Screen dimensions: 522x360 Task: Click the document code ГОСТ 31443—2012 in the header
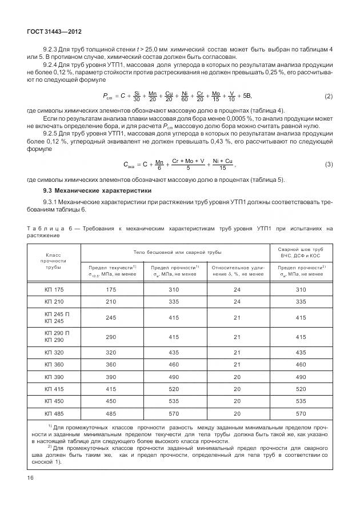[50, 33]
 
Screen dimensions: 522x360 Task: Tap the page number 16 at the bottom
[30, 477]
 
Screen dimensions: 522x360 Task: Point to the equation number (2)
[329, 95]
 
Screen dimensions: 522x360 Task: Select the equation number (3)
[329, 165]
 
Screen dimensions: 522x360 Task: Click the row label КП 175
[54, 290]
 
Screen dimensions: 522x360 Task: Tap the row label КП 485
[54, 413]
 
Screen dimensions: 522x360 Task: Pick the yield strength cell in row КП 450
[111, 400]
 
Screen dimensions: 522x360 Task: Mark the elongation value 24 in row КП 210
[237, 301]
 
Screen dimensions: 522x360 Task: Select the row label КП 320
[54, 352]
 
